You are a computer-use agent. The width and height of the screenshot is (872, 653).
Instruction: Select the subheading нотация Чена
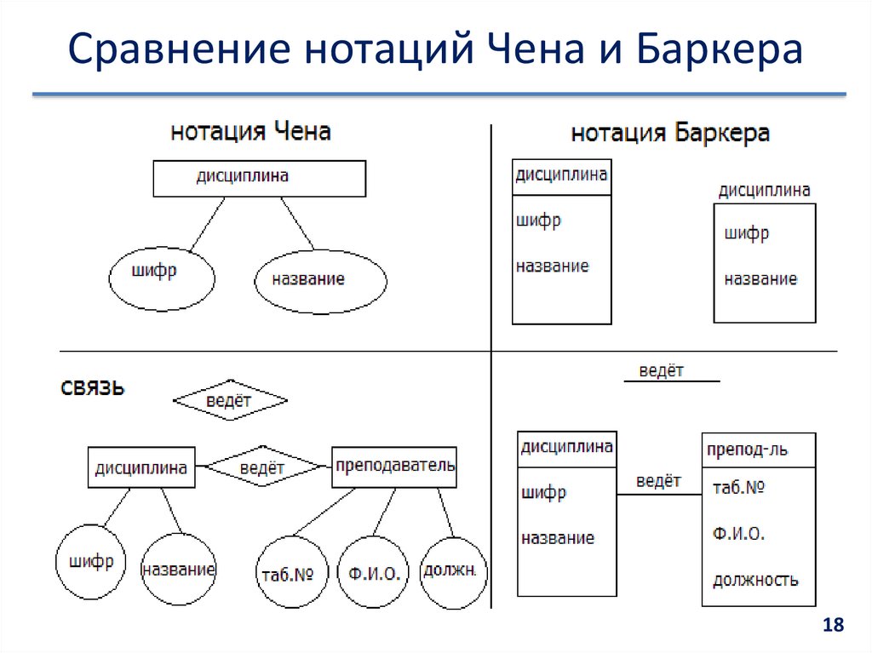click(250, 132)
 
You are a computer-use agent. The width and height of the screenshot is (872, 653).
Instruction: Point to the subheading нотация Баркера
click(670, 134)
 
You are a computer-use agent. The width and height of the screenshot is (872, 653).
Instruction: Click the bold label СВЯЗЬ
click(93, 388)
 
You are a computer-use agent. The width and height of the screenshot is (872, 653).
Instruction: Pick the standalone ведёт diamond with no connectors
click(230, 400)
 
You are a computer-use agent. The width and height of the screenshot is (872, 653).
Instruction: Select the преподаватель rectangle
click(394, 467)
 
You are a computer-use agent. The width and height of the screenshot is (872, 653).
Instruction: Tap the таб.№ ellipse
click(292, 573)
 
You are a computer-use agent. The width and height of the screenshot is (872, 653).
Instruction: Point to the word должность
click(755, 581)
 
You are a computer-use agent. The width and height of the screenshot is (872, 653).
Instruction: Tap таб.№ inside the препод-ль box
click(737, 488)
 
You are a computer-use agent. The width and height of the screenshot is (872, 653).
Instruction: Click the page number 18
click(832, 626)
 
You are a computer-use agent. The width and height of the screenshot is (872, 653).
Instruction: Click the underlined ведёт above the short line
click(662, 371)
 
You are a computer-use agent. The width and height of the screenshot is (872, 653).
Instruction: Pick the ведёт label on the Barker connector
click(658, 481)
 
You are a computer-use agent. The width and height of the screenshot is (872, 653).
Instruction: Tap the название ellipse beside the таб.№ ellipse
click(179, 569)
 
